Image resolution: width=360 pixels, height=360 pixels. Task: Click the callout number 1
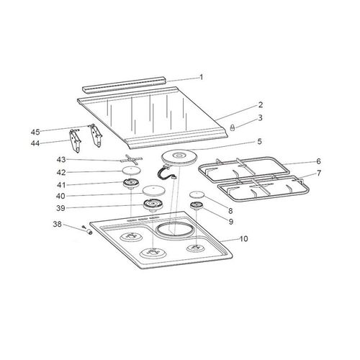[202, 76]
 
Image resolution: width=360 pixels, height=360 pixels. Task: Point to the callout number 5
[240, 142]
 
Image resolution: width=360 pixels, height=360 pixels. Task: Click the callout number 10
[243, 238]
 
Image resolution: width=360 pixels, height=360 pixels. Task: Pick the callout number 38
[56, 225]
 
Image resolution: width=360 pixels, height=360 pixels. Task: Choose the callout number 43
[62, 159]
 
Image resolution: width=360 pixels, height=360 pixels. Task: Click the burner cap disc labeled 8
[196, 195]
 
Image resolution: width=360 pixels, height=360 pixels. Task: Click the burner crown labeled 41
[130, 186]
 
